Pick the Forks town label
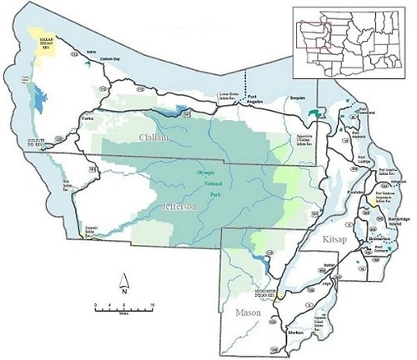[88, 119]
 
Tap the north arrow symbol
[122, 283]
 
